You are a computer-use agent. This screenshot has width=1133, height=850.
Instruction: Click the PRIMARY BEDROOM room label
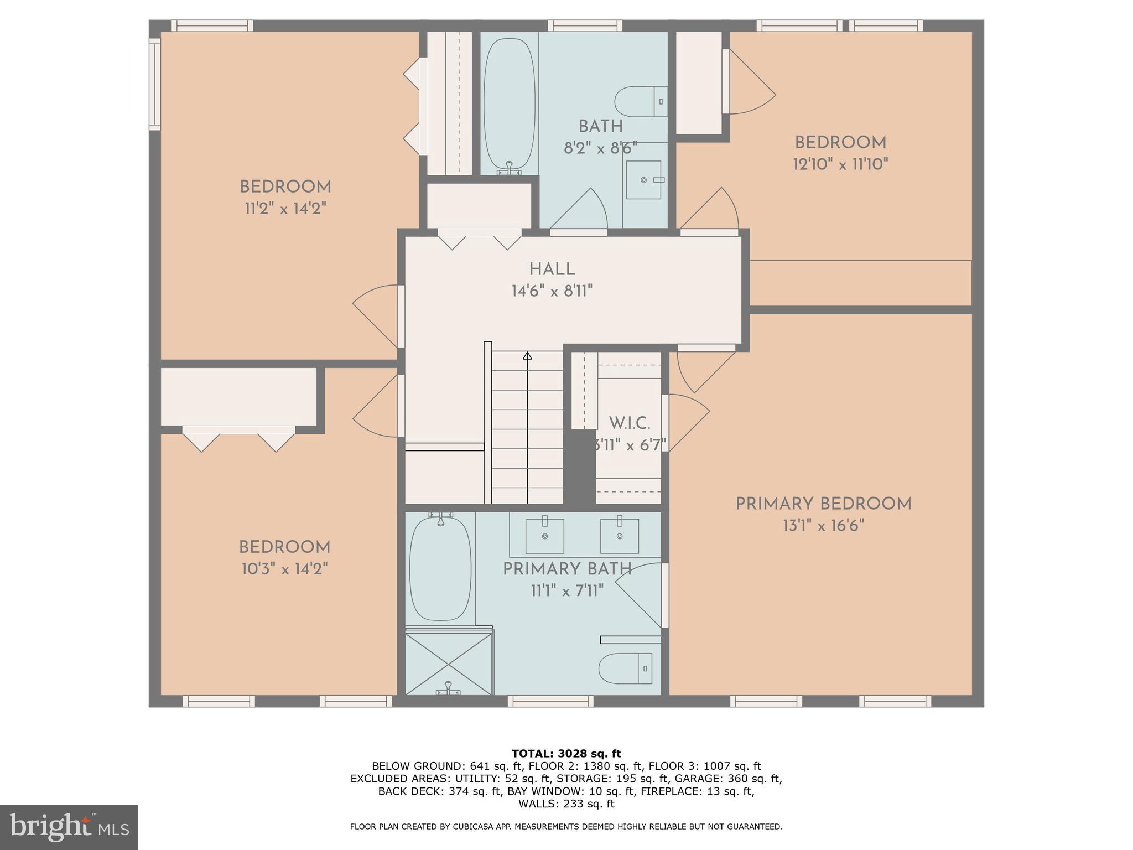823,504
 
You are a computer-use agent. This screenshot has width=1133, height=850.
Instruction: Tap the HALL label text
552,269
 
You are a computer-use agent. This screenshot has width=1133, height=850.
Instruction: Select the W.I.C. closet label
629,424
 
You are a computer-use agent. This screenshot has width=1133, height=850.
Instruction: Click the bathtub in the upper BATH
510,103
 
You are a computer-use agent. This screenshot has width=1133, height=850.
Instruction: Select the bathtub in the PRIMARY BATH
440,568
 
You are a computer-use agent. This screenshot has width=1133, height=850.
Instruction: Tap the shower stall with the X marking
449,664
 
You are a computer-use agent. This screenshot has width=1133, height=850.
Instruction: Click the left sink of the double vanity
544,535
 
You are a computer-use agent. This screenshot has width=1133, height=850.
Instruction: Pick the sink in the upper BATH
644,180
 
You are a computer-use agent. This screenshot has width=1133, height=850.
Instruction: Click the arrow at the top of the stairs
527,356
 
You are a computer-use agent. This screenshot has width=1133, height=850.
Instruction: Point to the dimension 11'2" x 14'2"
285,209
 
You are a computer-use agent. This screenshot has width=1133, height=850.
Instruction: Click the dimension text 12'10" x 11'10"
840,164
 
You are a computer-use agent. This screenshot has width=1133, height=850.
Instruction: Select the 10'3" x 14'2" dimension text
284,569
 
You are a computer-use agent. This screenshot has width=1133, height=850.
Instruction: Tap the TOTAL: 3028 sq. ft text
566,753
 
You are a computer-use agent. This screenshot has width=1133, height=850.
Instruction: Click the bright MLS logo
69,827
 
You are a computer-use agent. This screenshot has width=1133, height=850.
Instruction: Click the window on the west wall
154,84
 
